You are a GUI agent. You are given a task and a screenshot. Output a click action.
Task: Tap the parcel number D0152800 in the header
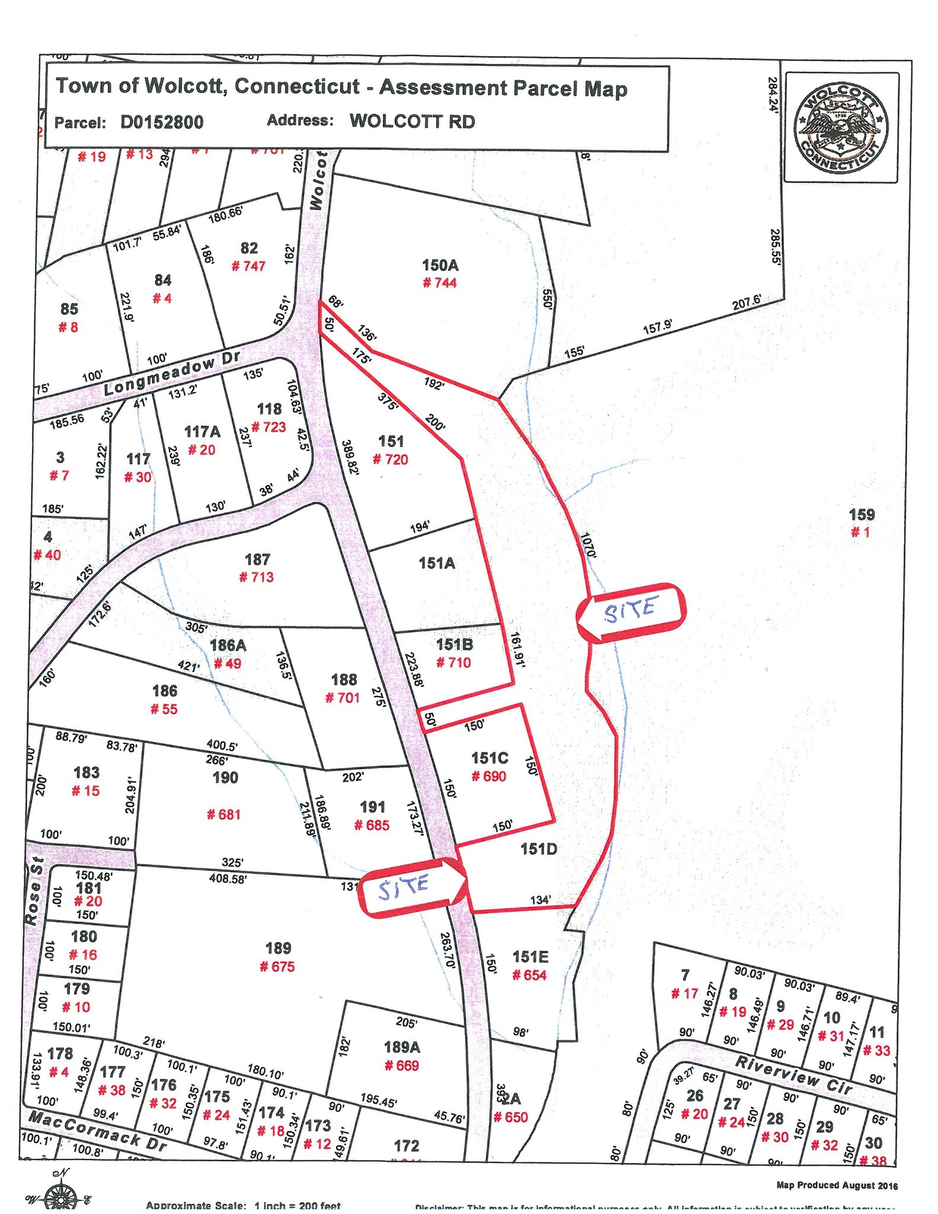point(162,122)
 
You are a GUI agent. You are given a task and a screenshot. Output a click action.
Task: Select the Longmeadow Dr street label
point(172,372)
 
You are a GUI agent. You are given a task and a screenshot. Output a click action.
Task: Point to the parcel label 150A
point(440,265)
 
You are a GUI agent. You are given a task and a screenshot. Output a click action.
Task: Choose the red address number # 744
point(440,283)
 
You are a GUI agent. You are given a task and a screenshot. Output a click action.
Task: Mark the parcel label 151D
point(539,849)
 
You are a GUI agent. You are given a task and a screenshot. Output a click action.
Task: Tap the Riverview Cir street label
point(793,1074)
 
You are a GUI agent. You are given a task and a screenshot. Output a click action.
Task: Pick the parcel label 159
point(862,515)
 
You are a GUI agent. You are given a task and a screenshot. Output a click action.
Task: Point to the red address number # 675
point(277,966)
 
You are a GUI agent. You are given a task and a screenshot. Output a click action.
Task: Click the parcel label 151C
point(489,758)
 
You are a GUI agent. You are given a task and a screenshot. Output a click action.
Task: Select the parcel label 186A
point(228,645)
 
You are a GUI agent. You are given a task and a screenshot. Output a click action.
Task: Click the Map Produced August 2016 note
point(837,1186)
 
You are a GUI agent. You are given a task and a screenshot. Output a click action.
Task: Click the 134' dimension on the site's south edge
point(540,900)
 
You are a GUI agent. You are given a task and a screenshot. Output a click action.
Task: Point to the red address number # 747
point(248,266)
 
